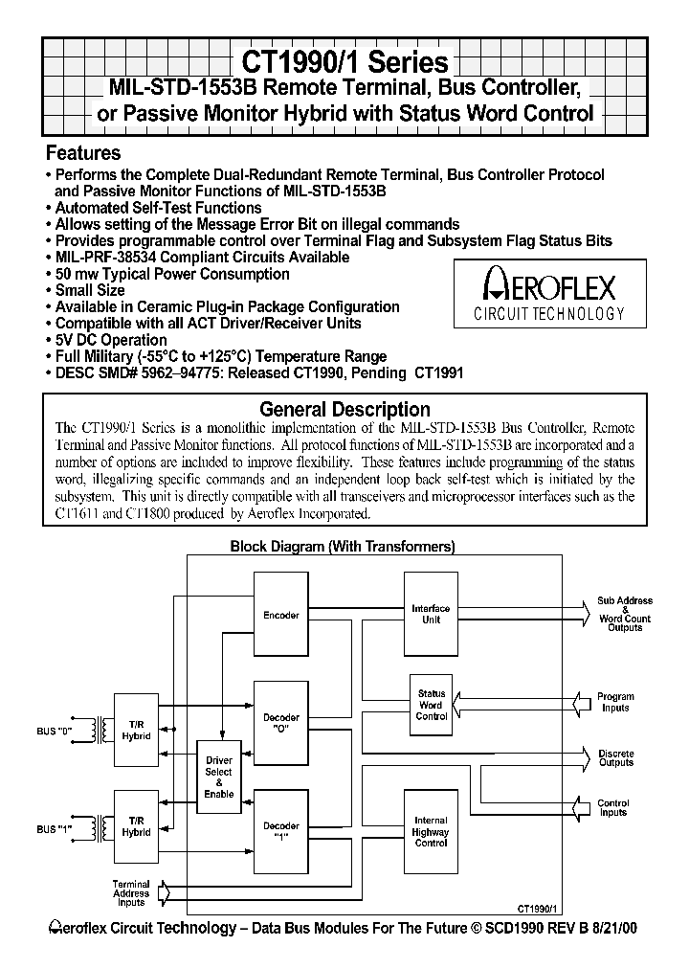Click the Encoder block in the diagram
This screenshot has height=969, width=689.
coord(281,615)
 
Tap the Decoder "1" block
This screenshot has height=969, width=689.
coord(281,830)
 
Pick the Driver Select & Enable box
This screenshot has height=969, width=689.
coord(219,777)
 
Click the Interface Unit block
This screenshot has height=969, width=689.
coord(431,614)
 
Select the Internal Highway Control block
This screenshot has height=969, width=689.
coord(431,831)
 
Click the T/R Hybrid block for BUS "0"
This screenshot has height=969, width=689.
coord(136,731)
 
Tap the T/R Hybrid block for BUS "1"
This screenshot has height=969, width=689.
coord(136,827)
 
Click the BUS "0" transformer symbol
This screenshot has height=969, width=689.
coord(98,731)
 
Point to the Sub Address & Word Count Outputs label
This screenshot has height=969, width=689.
coord(625,614)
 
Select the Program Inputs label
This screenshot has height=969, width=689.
coord(615,703)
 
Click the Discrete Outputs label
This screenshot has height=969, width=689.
coord(615,758)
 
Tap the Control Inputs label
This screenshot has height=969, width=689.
coord(613,808)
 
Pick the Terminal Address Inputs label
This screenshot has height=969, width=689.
coord(131,893)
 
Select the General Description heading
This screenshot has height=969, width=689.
coord(344,410)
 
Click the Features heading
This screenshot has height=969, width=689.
coord(83,153)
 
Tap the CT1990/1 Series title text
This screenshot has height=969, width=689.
coord(344,62)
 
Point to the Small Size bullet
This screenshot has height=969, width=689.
coord(90,290)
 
